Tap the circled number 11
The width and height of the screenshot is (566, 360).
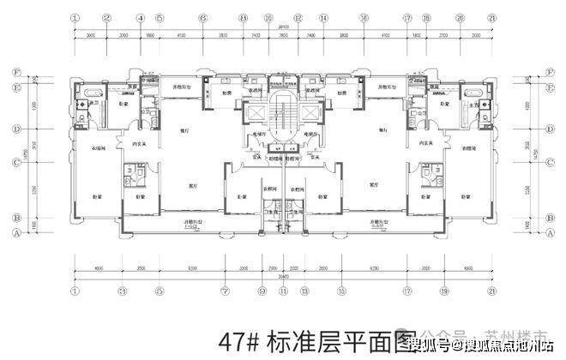click(282, 291)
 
